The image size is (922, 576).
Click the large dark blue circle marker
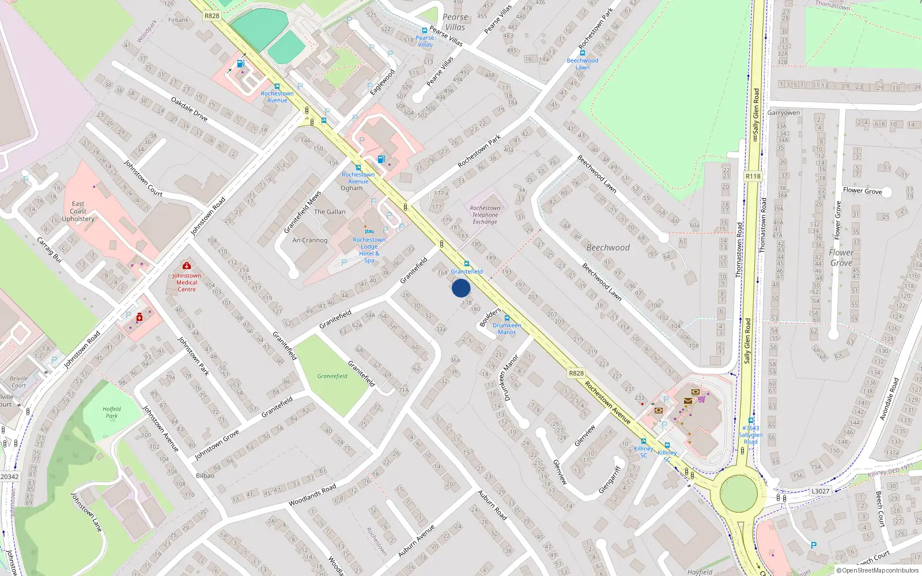click(461, 288)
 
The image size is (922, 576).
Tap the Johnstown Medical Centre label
click(187, 282)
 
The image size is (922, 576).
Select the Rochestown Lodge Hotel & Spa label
click(369, 250)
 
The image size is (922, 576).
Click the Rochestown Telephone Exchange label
click(485, 215)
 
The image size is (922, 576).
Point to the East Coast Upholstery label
click(78, 211)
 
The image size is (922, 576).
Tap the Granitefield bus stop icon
click(467, 264)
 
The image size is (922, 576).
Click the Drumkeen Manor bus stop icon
click(507, 318)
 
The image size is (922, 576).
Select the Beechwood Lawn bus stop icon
click(583, 53)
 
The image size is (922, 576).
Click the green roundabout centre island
click(738, 494)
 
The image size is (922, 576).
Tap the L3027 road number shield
click(820, 491)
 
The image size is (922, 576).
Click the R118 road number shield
click(753, 176)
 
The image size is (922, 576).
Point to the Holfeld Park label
click(112, 412)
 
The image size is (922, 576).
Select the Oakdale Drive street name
click(190, 109)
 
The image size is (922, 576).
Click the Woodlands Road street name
click(312, 495)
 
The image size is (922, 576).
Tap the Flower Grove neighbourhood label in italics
click(841, 257)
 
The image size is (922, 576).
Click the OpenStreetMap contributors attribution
click(877, 570)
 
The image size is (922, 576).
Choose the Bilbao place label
click(205, 476)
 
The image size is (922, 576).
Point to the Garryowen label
click(784, 113)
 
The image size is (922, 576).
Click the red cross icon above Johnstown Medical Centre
click(187, 266)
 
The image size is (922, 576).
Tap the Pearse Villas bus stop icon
click(425, 31)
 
